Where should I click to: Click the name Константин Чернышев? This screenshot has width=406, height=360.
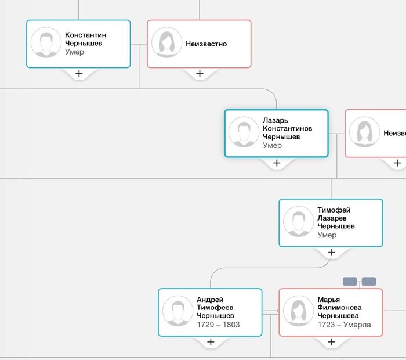click(x=85, y=39)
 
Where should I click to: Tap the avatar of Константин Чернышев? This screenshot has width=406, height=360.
click(x=46, y=42)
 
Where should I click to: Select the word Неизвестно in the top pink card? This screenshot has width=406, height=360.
click(x=206, y=44)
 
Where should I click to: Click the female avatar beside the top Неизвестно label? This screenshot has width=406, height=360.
click(x=167, y=42)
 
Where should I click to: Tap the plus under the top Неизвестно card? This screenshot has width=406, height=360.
click(x=200, y=74)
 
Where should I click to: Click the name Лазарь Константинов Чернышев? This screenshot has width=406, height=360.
click(x=288, y=128)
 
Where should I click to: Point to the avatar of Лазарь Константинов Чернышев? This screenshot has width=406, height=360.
click(x=244, y=132)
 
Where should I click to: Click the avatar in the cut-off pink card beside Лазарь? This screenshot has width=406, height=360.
click(x=365, y=132)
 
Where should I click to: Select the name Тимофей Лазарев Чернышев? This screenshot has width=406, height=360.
click(x=336, y=218)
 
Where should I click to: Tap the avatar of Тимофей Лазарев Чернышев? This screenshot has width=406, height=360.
click(x=299, y=222)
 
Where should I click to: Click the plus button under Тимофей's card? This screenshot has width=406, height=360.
click(x=331, y=253)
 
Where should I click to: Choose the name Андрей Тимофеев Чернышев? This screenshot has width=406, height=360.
click(x=215, y=308)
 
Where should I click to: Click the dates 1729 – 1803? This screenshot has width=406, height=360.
click(x=218, y=325)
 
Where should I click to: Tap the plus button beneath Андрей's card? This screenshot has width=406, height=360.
click(x=211, y=342)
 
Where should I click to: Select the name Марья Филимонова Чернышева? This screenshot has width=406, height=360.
click(x=339, y=308)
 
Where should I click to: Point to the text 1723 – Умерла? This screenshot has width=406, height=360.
click(x=344, y=325)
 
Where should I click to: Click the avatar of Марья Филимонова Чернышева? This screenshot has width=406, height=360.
click(x=299, y=311)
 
